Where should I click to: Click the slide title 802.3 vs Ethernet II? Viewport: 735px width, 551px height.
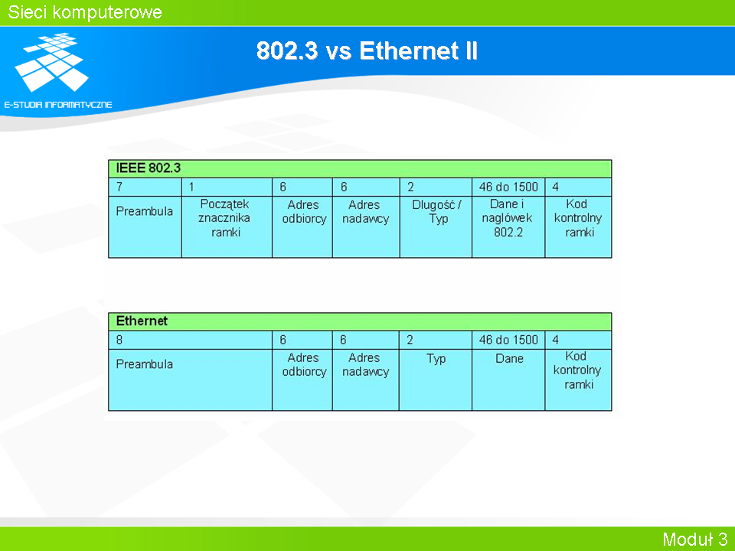coord(367,51)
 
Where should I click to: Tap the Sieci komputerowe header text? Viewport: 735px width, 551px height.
coord(85,12)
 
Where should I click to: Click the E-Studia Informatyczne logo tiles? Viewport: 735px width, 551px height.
coord(52,62)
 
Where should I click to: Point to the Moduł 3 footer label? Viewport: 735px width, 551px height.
coord(694,540)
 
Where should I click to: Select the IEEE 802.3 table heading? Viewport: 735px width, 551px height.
coord(148,168)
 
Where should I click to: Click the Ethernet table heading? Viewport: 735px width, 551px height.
coord(142,321)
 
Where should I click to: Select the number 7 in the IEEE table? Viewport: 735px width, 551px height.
coord(119,187)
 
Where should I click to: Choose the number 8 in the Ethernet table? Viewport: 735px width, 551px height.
coord(119,340)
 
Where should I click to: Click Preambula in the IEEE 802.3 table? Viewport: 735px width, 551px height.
coord(145,211)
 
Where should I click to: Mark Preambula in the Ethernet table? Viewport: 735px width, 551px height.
coord(145,364)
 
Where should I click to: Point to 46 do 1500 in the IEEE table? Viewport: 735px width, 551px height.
coord(508,187)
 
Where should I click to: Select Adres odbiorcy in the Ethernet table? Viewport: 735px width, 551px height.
coord(304,364)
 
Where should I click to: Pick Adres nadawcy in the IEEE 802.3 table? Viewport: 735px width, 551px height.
coord(365,212)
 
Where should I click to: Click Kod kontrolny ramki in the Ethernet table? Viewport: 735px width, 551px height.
coord(577,370)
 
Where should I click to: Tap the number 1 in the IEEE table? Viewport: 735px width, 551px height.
coord(191,187)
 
